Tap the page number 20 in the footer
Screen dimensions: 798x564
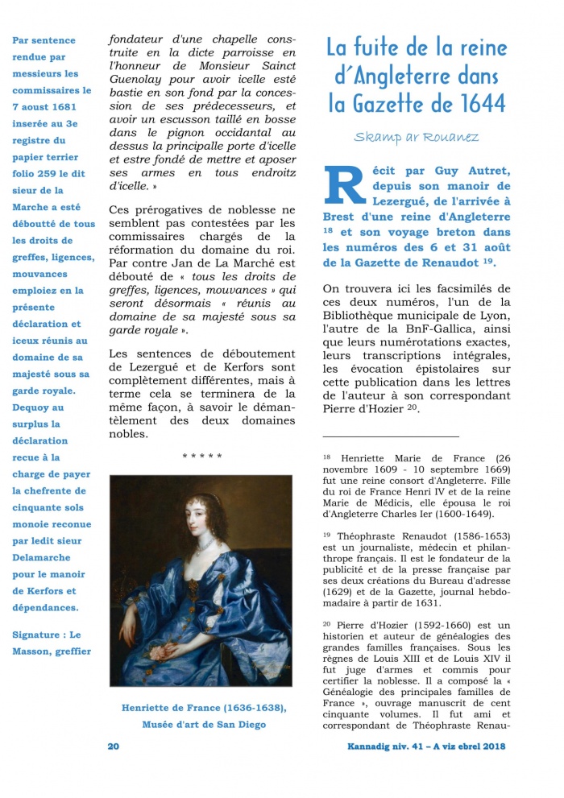114,746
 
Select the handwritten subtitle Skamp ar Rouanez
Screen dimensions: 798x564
416,137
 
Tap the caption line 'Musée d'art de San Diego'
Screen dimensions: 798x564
204,725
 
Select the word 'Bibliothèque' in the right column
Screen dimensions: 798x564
363,316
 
